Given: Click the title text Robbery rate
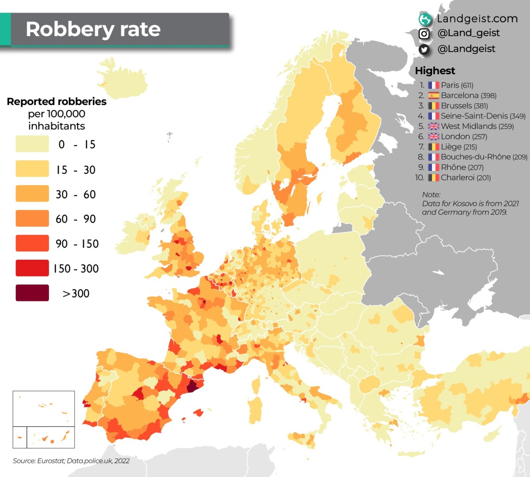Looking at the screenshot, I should point(93,30).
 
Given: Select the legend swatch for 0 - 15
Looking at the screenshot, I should point(32,144).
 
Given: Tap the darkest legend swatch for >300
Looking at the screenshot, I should point(32,293).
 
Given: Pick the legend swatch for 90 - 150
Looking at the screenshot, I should point(32,243).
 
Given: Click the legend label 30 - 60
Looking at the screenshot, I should point(76,194).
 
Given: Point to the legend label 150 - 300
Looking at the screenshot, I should point(76,269).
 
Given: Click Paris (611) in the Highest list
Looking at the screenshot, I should point(457,85).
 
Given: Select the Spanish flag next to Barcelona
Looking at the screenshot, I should point(434,95).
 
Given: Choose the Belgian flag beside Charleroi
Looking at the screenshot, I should point(434,178).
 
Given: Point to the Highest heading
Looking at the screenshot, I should point(435,71).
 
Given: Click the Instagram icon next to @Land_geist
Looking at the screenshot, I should point(424,34).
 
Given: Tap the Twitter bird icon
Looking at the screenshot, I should point(424,49).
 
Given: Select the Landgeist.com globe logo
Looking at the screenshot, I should point(425,19).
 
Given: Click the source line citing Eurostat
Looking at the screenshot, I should point(71,461).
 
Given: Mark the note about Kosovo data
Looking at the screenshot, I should point(470,204).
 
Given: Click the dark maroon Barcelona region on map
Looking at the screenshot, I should point(193,386).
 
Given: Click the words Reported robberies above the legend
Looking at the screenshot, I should point(57,102).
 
